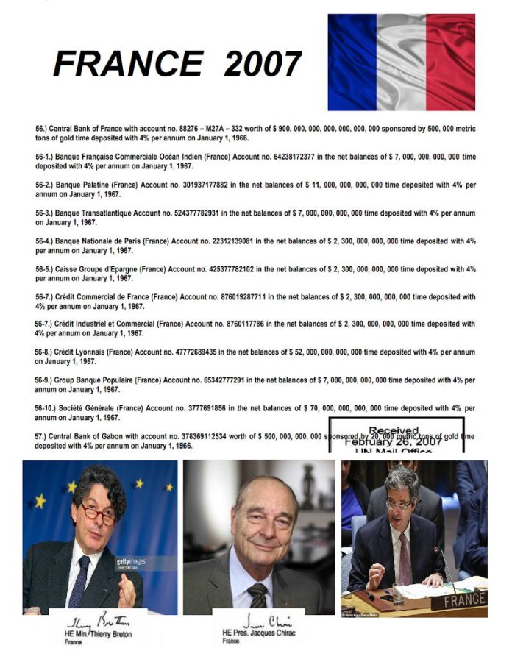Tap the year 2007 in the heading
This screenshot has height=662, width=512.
pyautogui.click(x=262, y=64)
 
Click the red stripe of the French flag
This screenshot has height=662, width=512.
pyautogui.click(x=450, y=63)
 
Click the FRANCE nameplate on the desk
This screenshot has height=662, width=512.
pyautogui.click(x=458, y=600)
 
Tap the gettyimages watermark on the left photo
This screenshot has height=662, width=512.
pyautogui.click(x=132, y=561)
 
